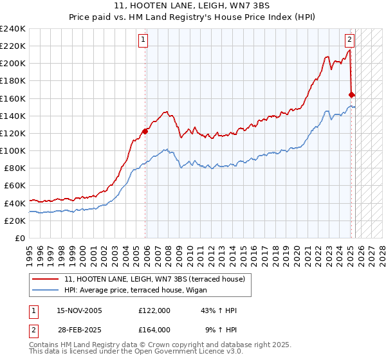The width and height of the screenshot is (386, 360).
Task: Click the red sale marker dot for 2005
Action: pos(145,131)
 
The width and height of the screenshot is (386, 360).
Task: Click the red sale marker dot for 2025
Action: pos(352,94)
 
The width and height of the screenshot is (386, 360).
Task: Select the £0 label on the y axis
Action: pos(20,238)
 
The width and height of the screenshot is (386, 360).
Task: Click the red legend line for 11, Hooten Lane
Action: pos(46,279)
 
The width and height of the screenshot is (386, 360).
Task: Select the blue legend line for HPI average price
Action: pos(46,290)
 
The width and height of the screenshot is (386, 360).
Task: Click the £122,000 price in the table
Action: pos(154,310)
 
